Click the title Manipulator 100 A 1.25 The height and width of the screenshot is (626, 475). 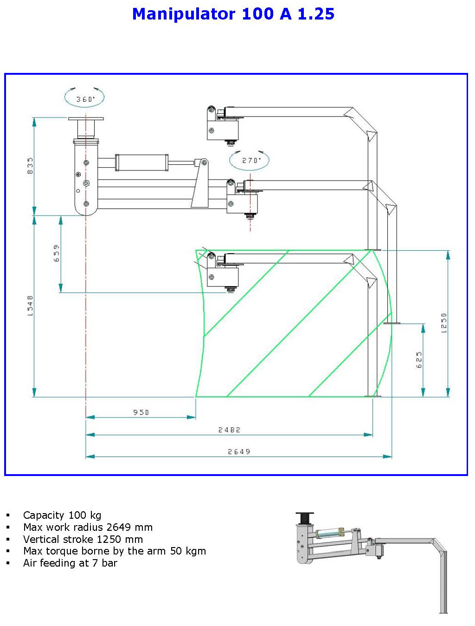233,14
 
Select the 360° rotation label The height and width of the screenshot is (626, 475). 85,99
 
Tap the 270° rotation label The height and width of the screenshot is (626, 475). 251,160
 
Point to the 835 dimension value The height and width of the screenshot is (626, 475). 31,166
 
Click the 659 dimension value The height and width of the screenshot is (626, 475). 57,253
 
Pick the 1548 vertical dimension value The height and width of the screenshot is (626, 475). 31,306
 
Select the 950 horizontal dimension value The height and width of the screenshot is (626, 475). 141,412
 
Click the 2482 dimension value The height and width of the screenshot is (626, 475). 229,430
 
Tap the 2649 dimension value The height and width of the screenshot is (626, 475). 239,451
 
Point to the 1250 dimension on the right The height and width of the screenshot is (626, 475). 444,323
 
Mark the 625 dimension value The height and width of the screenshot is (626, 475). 419,360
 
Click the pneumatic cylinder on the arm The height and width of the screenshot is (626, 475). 141,163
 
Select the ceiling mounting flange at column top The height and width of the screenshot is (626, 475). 86,119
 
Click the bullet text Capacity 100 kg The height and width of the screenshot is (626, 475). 62,515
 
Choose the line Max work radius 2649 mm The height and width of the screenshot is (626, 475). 88,527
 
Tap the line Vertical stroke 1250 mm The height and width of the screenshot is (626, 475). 83,539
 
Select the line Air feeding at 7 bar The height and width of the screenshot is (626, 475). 70,563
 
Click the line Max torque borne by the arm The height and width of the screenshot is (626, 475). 114,551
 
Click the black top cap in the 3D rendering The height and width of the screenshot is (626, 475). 305,517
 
